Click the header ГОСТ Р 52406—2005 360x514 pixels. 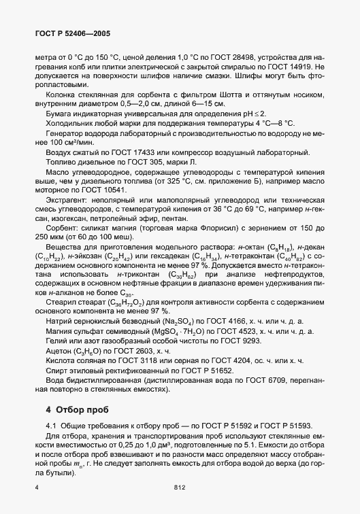71,32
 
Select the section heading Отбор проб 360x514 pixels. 76,409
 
